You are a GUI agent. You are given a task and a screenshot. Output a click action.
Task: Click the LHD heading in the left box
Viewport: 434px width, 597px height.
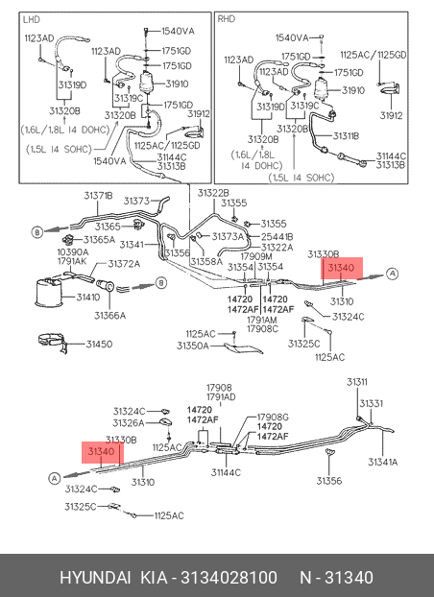coord(32,19)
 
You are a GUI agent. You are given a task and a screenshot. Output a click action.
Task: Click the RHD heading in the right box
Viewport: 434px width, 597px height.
coord(226,19)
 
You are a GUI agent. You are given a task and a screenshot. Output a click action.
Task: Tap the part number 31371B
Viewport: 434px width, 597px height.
coord(98,196)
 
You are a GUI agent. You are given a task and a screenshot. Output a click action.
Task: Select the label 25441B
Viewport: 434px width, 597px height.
coord(277,237)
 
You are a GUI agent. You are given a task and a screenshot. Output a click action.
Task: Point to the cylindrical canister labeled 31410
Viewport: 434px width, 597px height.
coord(49,293)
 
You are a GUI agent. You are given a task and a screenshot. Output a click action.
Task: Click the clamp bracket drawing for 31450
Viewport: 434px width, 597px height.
coord(54,343)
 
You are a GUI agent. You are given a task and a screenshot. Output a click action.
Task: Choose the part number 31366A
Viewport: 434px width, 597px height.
coord(110,315)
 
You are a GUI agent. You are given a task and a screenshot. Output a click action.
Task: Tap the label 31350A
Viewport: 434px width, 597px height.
coord(192,346)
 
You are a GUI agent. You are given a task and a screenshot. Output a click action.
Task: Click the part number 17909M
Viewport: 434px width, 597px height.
coord(256,256)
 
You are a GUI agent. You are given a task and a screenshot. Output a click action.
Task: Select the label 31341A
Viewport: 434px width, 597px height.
coord(382,462)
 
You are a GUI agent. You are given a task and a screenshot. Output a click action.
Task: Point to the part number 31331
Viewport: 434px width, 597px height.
coord(372,403)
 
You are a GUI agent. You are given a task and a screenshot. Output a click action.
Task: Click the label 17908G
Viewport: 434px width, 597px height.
coord(273,418)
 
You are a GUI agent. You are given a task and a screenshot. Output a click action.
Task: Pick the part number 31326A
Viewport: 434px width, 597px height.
coord(129,423)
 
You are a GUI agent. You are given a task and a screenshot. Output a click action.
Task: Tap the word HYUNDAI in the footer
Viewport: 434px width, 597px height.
coord(95,577)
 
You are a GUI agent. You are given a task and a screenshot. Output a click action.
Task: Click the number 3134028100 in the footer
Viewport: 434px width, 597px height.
coord(229,577)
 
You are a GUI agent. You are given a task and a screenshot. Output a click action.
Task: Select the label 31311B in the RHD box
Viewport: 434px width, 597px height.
coord(346,136)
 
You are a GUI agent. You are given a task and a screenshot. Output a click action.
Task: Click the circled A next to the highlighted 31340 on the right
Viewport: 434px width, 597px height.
coord(392,274)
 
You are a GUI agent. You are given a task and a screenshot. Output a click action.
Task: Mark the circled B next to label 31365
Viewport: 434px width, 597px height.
coord(36,232)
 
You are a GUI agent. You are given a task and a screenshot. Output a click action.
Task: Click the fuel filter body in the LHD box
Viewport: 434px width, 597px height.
coord(146,83)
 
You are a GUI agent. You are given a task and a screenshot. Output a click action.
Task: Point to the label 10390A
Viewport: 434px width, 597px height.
coord(73,251)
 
